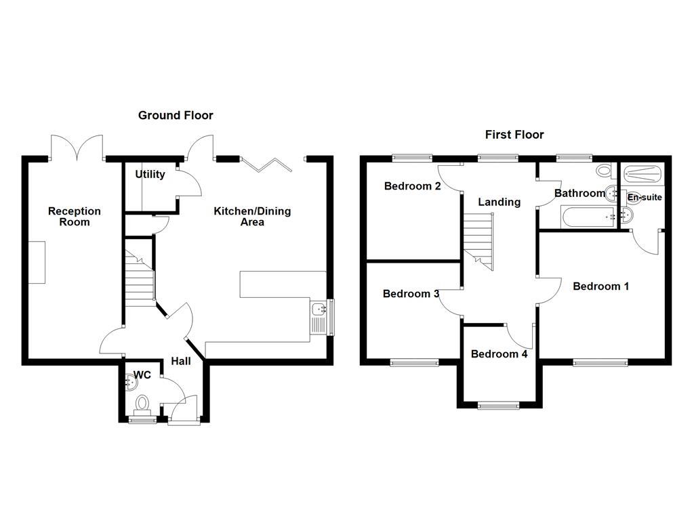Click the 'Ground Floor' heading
point(176,115)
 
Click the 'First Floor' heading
point(514,135)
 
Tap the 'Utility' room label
point(150,174)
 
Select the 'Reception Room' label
point(74,217)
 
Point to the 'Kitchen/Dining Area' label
point(252,217)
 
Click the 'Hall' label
point(181,362)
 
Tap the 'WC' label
point(142,374)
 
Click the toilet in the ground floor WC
point(142,404)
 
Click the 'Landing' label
point(499,202)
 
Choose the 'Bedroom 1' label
point(600,286)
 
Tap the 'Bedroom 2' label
point(413,186)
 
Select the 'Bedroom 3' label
point(411,294)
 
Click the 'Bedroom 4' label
point(499,353)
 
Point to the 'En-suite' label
point(645,198)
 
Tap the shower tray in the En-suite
point(642,174)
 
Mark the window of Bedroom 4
point(499,406)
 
